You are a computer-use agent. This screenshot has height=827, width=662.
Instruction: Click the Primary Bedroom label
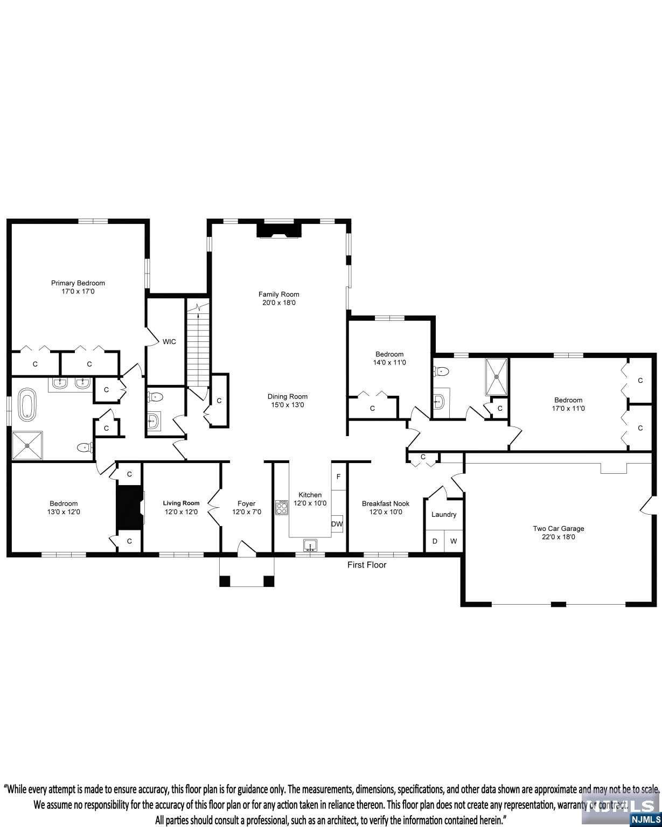pos(78,283)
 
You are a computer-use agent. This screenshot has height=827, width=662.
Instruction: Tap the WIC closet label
pos(169,342)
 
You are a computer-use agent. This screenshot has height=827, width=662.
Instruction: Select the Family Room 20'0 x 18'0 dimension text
pos(278,303)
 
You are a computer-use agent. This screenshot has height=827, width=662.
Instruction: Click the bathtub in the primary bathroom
pos(27,404)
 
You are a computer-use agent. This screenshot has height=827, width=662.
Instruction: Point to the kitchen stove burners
pos(281,507)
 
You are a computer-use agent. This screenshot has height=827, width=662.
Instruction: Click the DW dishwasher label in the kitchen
pos(337,524)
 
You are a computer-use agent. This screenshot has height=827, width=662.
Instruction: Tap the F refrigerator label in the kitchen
pos(338,476)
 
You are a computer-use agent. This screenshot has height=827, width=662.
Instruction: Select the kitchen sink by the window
pos(310,545)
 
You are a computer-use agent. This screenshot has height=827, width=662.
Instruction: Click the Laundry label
pos(444,515)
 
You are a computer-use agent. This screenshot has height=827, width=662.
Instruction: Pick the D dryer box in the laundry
pos(435,541)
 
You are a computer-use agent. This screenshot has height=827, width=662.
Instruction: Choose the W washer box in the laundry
pos(453,541)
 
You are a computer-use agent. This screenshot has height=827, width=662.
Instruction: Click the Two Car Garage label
pos(558,528)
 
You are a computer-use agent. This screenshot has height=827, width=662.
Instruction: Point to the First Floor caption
pos(367,565)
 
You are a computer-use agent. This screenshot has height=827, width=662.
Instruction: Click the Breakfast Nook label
pos(386,503)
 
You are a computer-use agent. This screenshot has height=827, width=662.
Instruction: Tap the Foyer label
pos(246,503)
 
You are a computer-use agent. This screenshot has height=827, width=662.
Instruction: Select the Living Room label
pos(181,503)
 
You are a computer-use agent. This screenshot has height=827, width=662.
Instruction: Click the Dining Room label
pos(288,396)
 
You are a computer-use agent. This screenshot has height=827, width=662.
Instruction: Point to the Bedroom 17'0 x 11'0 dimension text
pos(568,408)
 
